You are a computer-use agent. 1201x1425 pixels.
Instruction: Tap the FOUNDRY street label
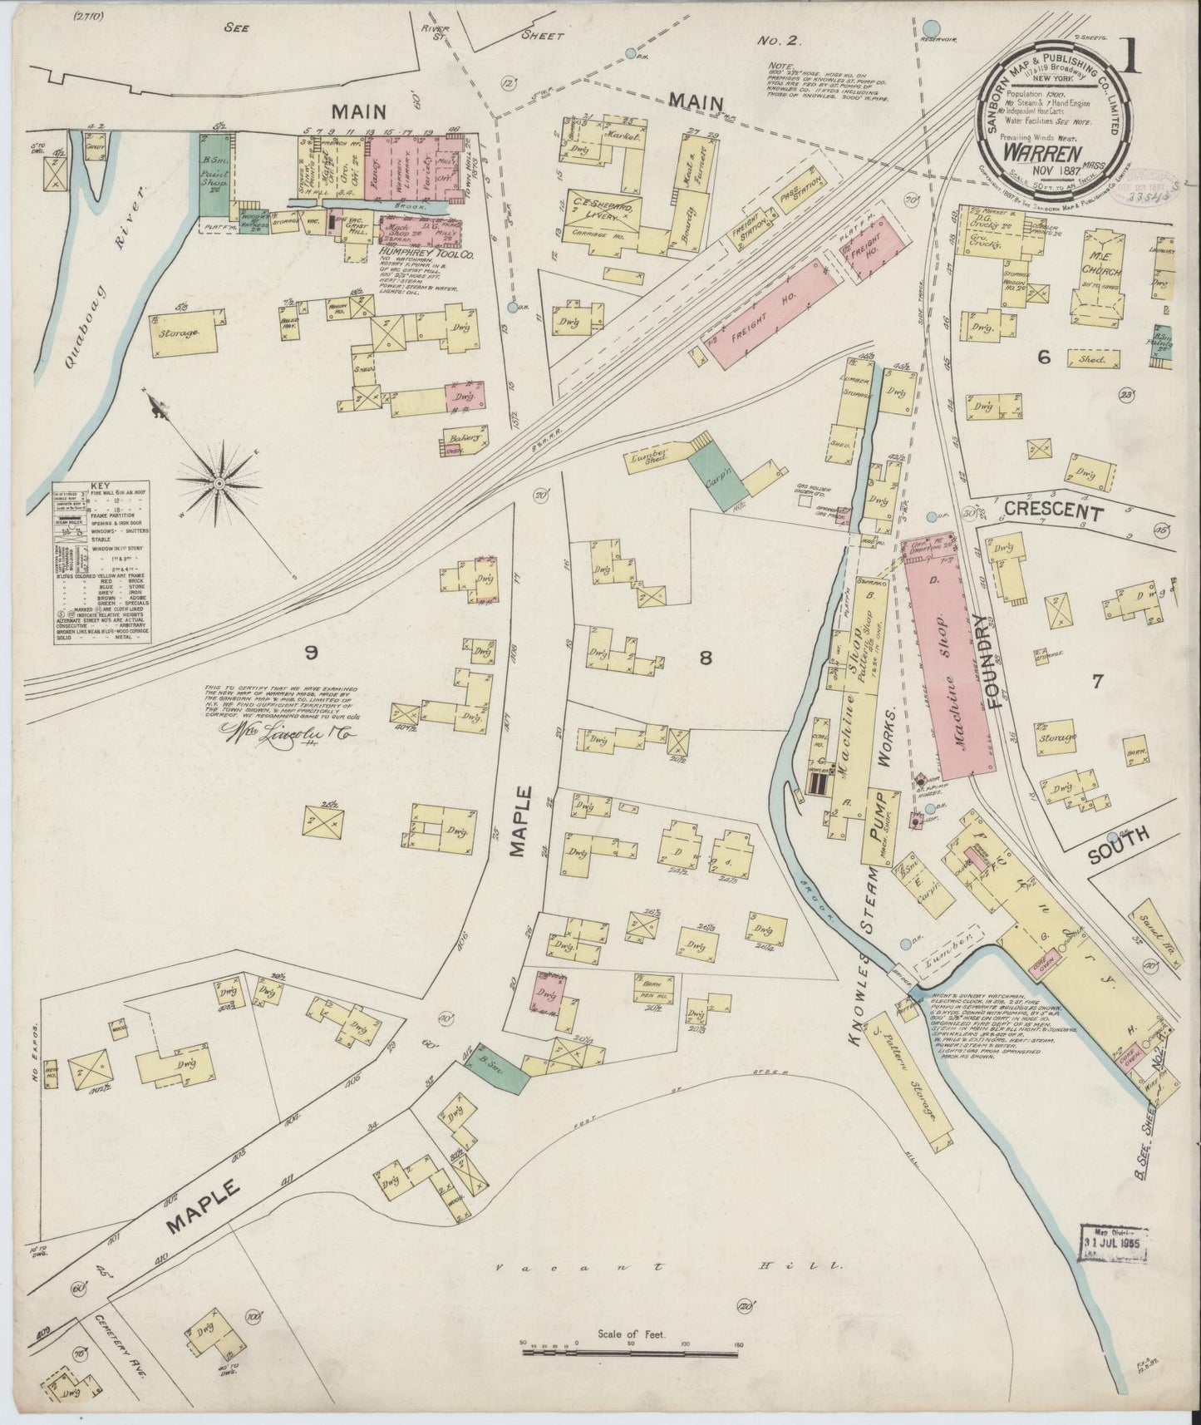(x=988, y=661)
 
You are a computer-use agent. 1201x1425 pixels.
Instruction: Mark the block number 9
(x=310, y=653)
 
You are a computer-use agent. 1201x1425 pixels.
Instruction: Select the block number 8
(x=706, y=659)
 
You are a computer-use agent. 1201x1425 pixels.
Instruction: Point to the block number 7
(x=1097, y=682)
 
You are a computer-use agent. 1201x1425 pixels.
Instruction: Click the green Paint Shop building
(x=215, y=173)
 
